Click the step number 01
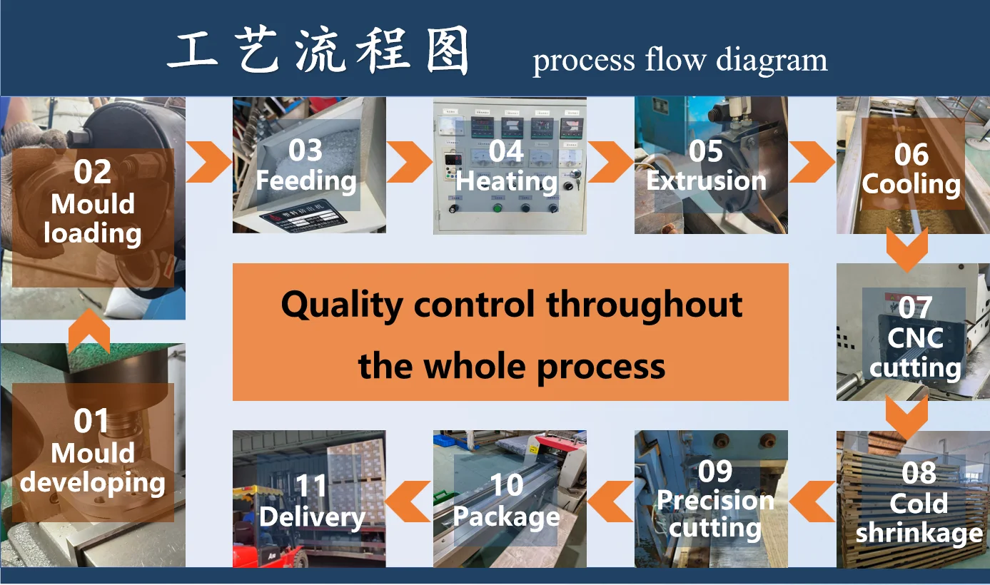(x=91, y=421)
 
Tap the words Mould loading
(x=92, y=218)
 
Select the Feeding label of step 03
(x=306, y=180)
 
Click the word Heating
(x=507, y=181)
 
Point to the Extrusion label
(x=706, y=180)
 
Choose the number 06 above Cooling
(x=911, y=155)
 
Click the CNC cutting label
(x=915, y=353)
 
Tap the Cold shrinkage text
(x=919, y=518)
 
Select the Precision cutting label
(x=715, y=514)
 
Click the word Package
(x=507, y=517)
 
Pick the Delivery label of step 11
(x=312, y=517)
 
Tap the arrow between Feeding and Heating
(x=408, y=162)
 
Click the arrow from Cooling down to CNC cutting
(x=907, y=249)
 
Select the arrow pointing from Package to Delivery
(x=408, y=501)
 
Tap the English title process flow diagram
(x=680, y=61)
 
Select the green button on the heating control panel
(x=497, y=208)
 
